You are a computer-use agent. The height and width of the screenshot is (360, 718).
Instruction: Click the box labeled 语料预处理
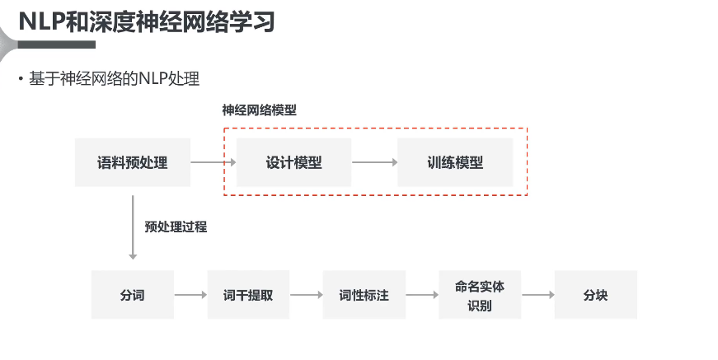pos(133,162)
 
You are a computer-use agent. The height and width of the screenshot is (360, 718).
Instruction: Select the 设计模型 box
pos(294,162)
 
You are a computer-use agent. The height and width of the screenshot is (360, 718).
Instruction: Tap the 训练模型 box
pos(455,162)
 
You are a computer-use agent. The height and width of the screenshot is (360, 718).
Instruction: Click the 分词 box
pos(133,295)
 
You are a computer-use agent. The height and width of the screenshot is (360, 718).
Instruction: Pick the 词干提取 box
pos(248,295)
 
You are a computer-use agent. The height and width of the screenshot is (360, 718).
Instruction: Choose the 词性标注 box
pos(364,295)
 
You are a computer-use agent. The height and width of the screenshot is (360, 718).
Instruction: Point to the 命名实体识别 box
pos(480,295)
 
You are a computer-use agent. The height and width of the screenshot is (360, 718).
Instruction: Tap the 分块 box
pos(595,295)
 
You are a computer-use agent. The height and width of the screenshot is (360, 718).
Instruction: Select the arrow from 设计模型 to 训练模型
pos(374,162)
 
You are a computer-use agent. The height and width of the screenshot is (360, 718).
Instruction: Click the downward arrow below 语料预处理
pos(133,227)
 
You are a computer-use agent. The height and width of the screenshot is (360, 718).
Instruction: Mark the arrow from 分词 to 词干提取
pos(190,295)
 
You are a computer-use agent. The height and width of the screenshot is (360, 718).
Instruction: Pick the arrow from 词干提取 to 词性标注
pos(306,295)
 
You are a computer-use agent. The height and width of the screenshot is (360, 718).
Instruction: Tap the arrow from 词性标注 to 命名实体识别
pos(422,295)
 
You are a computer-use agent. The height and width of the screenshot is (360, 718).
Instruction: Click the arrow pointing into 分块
pos(537,295)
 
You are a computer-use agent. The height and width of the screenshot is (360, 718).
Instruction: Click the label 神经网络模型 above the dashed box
pos(259,110)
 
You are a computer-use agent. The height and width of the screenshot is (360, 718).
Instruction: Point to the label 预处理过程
pos(175,227)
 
